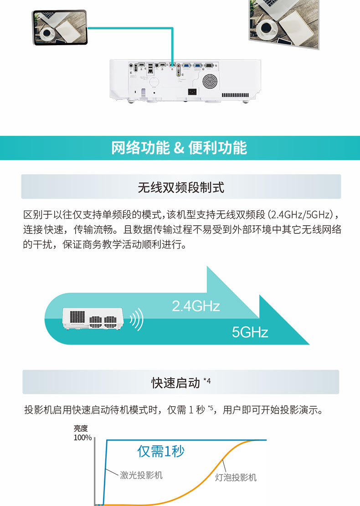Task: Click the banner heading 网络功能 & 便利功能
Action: (179, 148)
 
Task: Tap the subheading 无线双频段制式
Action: (180, 187)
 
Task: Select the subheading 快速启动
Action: (176, 383)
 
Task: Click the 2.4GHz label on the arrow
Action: (196, 306)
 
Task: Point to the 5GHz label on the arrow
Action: (250, 332)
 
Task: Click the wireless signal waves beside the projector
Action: (137, 319)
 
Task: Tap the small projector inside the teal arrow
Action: (93, 319)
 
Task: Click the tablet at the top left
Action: (60, 27)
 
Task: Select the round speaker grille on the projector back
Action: (210, 81)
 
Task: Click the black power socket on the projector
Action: (193, 92)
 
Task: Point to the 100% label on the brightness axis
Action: (82, 438)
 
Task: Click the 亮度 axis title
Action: (81, 428)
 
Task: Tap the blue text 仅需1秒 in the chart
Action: (161, 451)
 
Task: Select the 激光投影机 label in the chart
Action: (141, 475)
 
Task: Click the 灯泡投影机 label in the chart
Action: (236, 477)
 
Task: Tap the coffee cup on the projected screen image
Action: (268, 27)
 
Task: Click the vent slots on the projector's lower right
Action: (235, 95)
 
